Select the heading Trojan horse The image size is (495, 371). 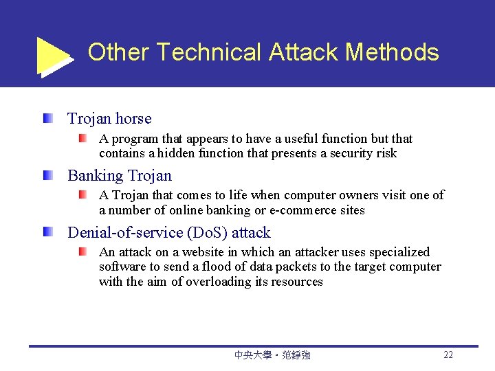(x=109, y=119)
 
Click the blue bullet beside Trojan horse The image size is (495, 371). (x=46, y=118)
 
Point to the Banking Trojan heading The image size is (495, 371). (x=119, y=176)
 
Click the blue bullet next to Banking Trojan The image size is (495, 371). (x=46, y=175)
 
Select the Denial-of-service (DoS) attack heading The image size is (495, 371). (x=168, y=233)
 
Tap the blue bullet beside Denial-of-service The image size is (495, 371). (x=46, y=232)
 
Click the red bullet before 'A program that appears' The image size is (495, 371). (x=82, y=138)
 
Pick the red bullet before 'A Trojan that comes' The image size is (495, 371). (x=82, y=195)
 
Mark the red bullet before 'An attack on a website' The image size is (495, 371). (x=82, y=252)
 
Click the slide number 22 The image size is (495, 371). (x=448, y=355)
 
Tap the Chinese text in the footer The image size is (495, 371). (x=272, y=355)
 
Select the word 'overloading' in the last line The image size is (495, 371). (x=221, y=282)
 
